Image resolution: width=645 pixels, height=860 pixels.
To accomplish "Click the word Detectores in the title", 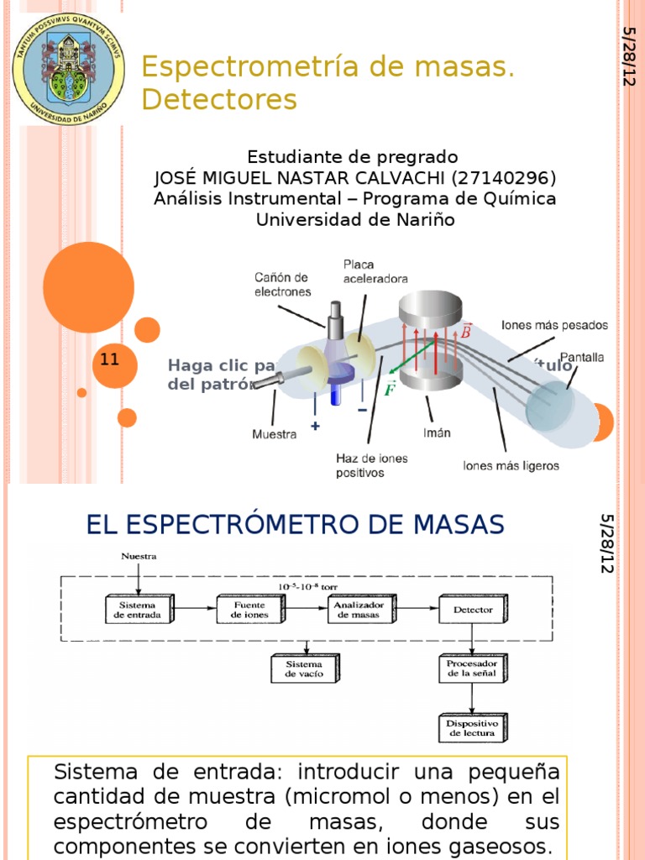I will (219, 99).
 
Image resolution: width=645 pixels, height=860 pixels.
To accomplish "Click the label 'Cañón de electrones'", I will (282, 285).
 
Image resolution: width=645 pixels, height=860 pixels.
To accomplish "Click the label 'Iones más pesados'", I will (554, 324).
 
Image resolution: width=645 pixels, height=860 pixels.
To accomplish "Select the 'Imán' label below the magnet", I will (437, 433).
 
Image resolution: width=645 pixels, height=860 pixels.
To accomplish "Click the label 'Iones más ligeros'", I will (511, 464).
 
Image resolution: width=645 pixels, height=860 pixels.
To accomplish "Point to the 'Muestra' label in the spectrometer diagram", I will (275, 434).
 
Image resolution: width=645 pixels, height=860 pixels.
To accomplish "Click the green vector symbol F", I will (389, 390).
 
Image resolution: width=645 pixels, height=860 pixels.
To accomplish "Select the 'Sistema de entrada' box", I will (139, 610).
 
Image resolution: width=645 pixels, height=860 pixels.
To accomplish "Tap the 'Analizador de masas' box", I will (359, 610).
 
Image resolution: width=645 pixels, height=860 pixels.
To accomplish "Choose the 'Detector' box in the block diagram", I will (473, 610).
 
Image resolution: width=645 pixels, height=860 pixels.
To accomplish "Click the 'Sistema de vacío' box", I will (307, 669).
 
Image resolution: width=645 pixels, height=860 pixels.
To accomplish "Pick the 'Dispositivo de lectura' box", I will (473, 727).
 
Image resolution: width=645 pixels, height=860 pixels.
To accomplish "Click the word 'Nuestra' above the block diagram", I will (139, 556).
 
